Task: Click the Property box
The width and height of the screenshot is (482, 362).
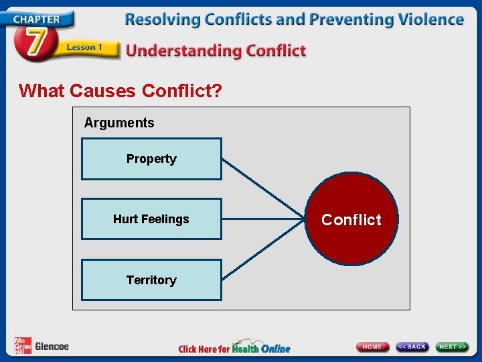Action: (151, 159)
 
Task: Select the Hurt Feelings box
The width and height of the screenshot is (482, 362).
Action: (151, 219)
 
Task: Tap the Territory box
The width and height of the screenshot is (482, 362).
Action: (151, 280)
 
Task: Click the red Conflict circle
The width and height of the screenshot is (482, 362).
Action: (351, 219)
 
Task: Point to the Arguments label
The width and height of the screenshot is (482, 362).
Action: (119, 123)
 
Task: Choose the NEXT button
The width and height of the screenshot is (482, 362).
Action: (453, 347)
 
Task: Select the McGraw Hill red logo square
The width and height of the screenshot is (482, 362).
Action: (23, 346)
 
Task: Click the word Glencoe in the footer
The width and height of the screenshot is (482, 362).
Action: (52, 347)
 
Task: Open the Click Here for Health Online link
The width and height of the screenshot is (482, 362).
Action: (234, 348)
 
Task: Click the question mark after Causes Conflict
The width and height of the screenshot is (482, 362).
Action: (216, 90)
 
